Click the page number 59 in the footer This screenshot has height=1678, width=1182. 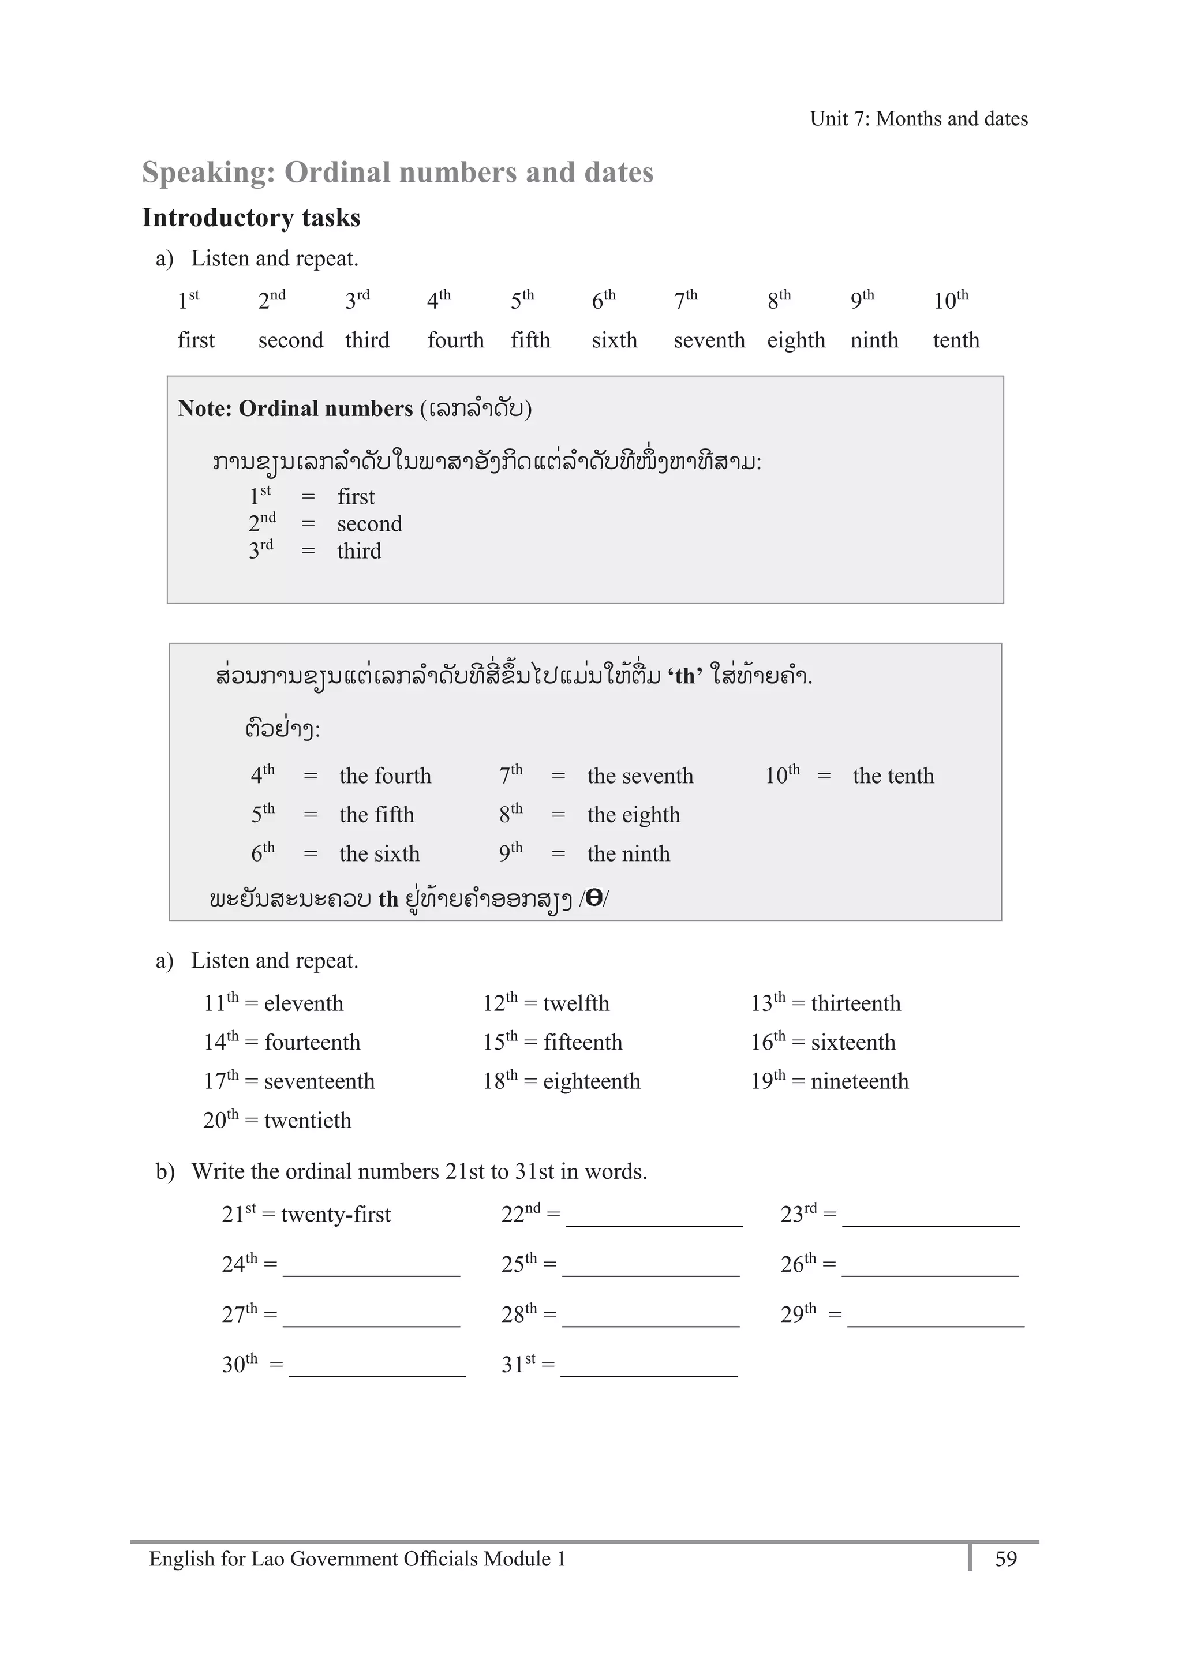point(1006,1559)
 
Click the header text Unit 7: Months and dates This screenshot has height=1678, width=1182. point(918,118)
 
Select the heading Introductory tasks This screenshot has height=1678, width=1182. point(250,218)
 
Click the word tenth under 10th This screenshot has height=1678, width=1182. point(955,340)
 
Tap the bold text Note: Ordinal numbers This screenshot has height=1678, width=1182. point(295,408)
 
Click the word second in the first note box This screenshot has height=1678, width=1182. point(369,523)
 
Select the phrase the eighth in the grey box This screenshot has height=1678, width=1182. point(633,814)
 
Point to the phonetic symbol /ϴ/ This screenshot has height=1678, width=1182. point(593,898)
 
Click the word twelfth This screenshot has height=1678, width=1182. point(576,1003)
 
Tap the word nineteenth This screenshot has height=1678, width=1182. point(859,1081)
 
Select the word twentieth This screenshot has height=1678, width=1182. point(307,1121)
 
